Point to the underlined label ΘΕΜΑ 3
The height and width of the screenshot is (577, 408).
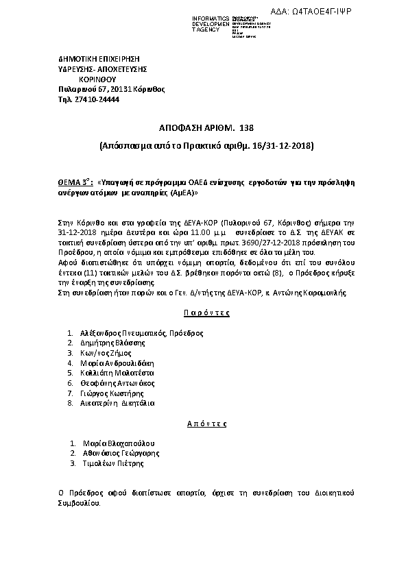tap(73, 184)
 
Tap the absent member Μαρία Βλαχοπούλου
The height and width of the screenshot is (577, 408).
tap(118, 443)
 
